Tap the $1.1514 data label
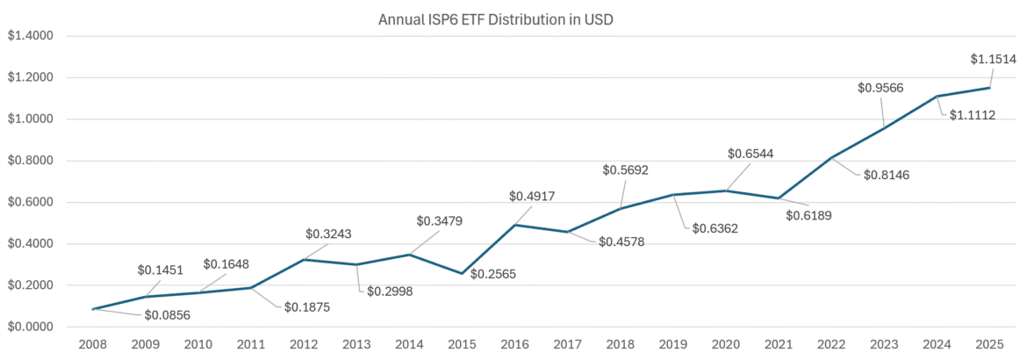(x=993, y=60)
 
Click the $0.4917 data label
(x=532, y=197)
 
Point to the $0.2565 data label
(x=493, y=275)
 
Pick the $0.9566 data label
(x=880, y=88)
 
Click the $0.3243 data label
(x=328, y=234)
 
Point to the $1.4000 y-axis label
(x=30, y=36)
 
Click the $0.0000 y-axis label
(x=30, y=328)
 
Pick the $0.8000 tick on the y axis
(x=30, y=161)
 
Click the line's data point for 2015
(x=463, y=273)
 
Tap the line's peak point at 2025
(x=990, y=88)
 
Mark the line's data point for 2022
(x=831, y=158)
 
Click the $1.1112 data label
(x=972, y=115)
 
